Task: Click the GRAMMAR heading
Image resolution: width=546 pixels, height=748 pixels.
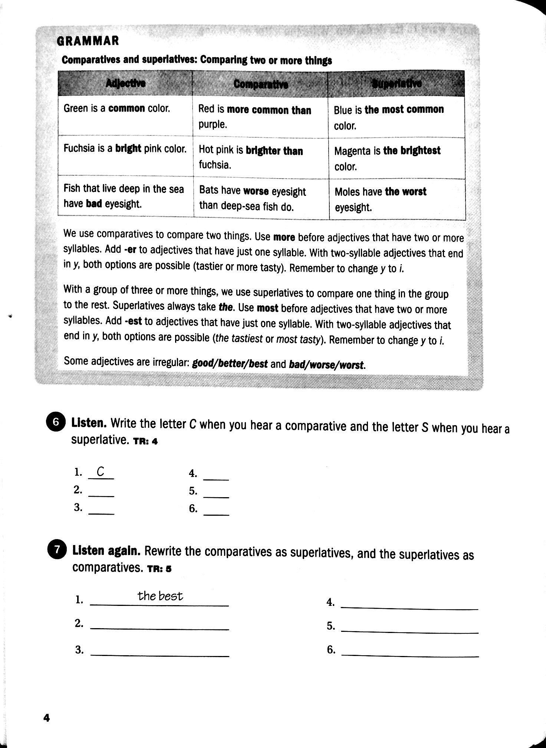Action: click(x=88, y=40)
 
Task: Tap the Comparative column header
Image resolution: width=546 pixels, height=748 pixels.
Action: click(x=261, y=85)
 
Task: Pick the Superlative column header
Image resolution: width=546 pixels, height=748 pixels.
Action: click(x=397, y=84)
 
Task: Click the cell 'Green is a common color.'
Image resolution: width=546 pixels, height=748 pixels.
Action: click(x=117, y=109)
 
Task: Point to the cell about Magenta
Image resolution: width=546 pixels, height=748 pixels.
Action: click(x=387, y=158)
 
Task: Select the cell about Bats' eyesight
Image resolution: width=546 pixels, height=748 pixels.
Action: click(x=252, y=199)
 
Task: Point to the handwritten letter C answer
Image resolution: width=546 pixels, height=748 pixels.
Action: click(x=101, y=472)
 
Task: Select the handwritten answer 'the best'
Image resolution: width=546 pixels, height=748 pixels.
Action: click(x=160, y=596)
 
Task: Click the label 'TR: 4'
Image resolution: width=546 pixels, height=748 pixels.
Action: click(x=145, y=442)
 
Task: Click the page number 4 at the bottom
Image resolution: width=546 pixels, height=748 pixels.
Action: click(x=46, y=718)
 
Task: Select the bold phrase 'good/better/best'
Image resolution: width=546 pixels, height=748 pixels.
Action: click(x=230, y=364)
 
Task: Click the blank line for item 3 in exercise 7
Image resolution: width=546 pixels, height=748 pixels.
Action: click(x=159, y=655)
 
